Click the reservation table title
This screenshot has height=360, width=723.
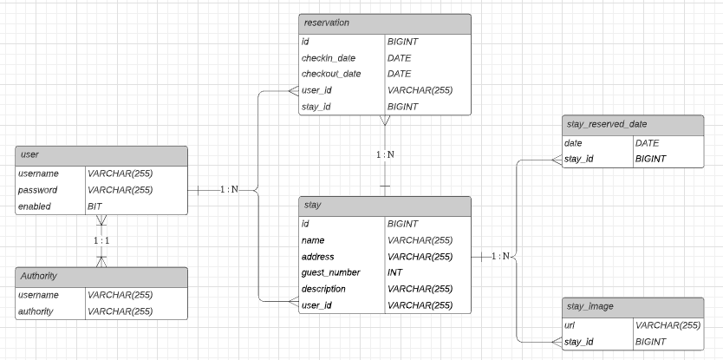pyautogui.click(x=326, y=23)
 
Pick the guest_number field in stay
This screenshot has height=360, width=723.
pyautogui.click(x=329, y=272)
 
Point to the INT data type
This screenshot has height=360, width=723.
pyautogui.click(x=396, y=272)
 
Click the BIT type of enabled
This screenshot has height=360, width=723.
pyautogui.click(x=95, y=206)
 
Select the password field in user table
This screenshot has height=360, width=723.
pyautogui.click(x=37, y=190)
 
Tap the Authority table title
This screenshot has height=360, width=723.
pyautogui.click(x=39, y=276)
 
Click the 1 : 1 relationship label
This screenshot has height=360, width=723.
pyautogui.click(x=101, y=239)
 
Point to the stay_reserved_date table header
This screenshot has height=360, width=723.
pyautogui.click(x=606, y=125)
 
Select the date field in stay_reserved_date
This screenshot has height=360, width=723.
pyautogui.click(x=573, y=142)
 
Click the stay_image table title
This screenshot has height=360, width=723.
pyautogui.click(x=589, y=306)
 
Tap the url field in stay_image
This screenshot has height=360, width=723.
pyautogui.click(x=570, y=324)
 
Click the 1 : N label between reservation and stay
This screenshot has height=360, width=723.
pyautogui.click(x=385, y=154)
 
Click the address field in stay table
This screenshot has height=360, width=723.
pyautogui.click(x=317, y=256)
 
